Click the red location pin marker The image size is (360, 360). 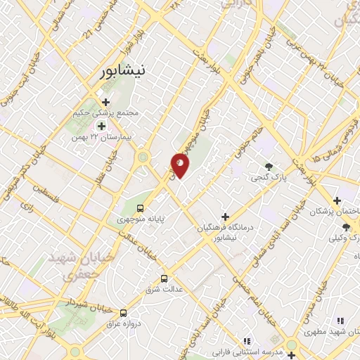[180, 165]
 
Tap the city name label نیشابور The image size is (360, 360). [124, 70]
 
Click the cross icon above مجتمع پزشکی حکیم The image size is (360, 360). [105, 102]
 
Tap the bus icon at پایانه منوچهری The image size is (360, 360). [141, 208]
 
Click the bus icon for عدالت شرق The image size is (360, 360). [165, 278]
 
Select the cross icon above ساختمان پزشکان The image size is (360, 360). [337, 200]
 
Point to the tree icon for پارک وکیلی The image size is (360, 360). [346, 226]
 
